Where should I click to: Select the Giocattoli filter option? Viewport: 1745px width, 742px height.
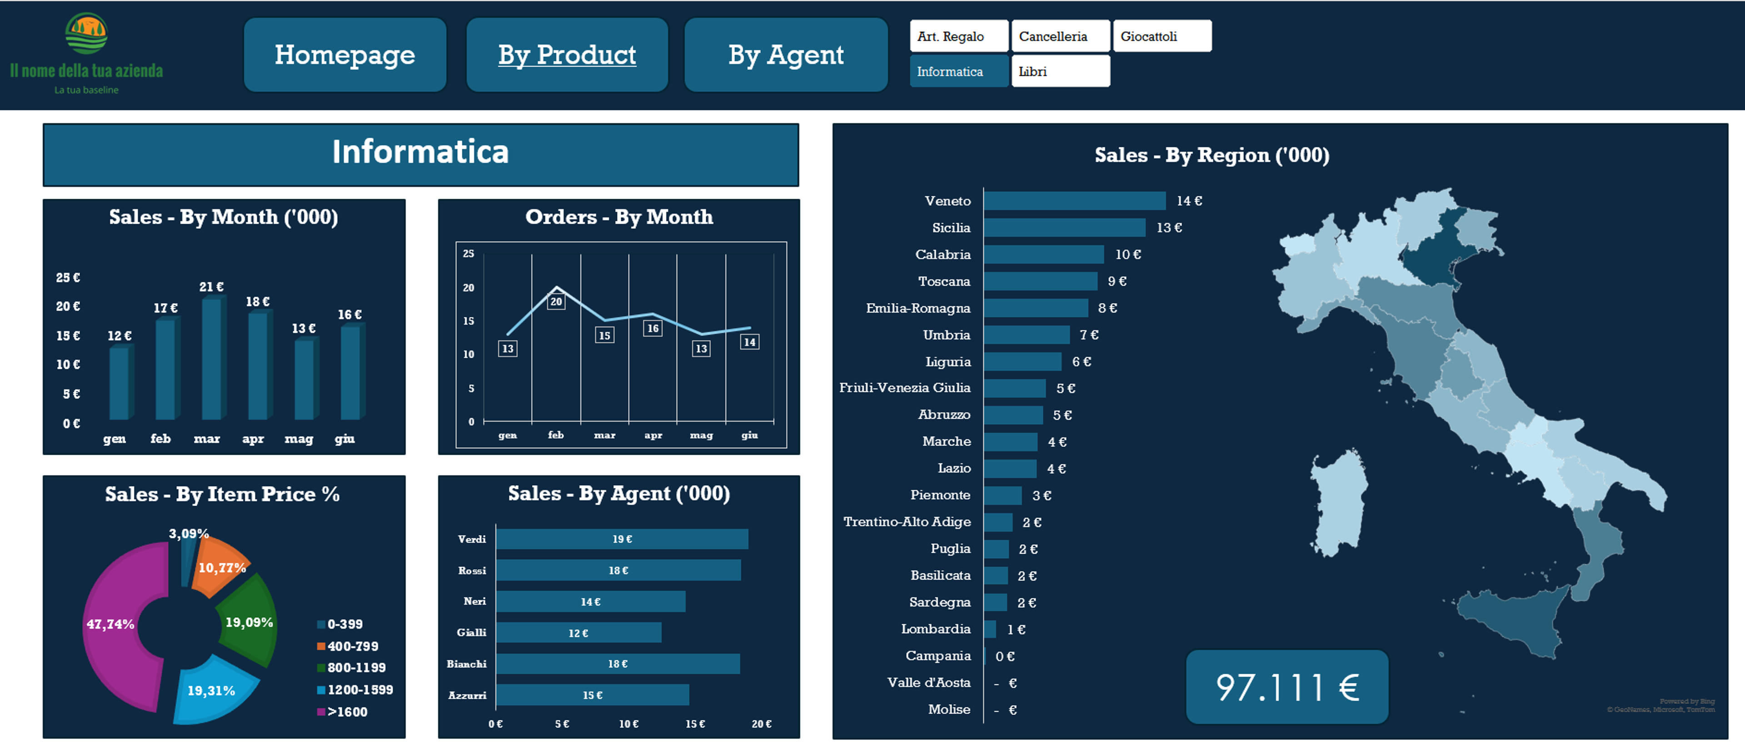tap(1162, 36)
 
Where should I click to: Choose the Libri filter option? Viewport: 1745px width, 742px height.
tap(1061, 71)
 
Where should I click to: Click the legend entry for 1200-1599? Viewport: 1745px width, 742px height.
tap(355, 690)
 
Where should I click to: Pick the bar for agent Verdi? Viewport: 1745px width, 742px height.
tap(622, 539)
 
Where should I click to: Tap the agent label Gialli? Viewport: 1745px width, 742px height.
tap(472, 632)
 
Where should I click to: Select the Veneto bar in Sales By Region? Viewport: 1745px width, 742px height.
tap(1075, 201)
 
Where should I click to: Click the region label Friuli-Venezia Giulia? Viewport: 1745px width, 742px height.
tap(905, 388)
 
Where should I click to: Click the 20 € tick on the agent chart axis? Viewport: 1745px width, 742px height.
tap(762, 724)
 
